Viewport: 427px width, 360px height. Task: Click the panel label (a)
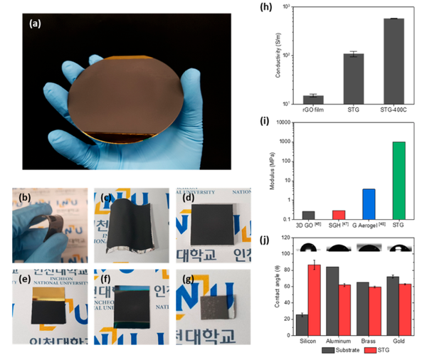[x=37, y=23]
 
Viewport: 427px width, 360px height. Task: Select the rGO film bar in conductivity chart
[x=313, y=99]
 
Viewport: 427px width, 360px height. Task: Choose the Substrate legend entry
[x=334, y=350]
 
